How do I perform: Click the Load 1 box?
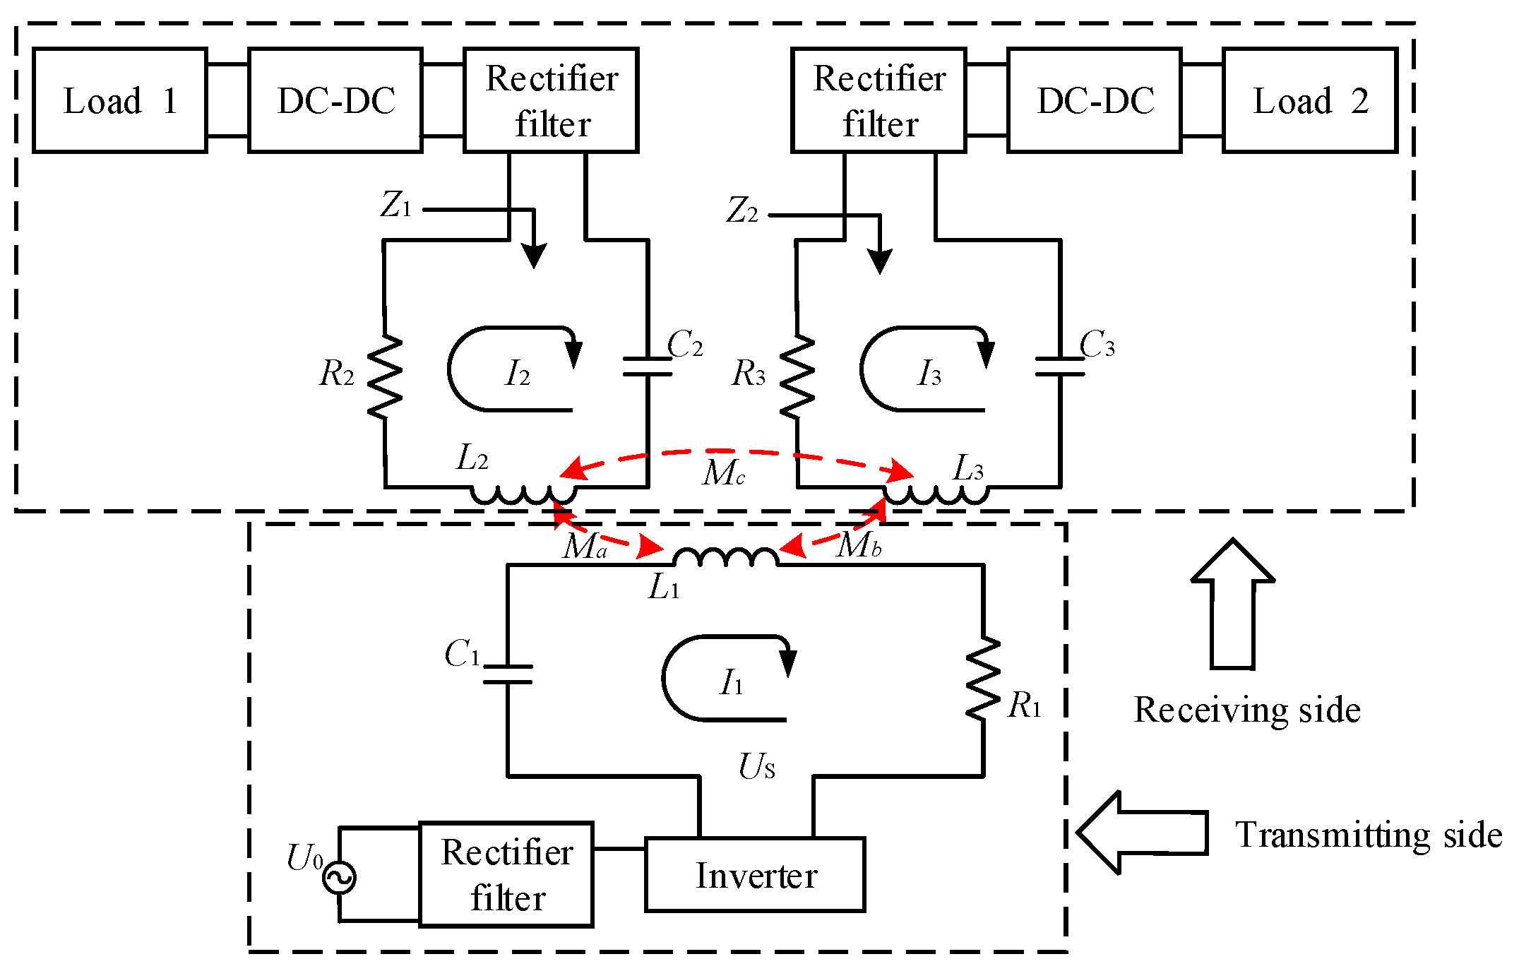pyautogui.click(x=120, y=100)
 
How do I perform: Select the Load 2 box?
pyautogui.click(x=1310, y=100)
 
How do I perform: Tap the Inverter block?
pyautogui.click(x=755, y=875)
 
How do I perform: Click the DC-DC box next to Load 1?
pyautogui.click(x=335, y=100)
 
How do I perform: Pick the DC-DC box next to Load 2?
pyautogui.click(x=1095, y=100)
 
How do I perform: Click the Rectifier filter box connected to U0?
pyautogui.click(x=506, y=874)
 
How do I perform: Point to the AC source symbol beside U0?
pyautogui.click(x=339, y=878)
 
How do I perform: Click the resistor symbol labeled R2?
pyautogui.click(x=386, y=376)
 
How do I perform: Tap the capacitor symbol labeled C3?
pyautogui.click(x=1059, y=366)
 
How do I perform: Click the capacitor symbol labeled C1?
pyautogui.click(x=507, y=674)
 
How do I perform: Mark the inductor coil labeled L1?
pyautogui.click(x=726, y=558)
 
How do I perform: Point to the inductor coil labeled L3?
pyautogui.click(x=936, y=494)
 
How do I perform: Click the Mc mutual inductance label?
pyautogui.click(x=723, y=473)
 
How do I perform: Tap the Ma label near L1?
pyautogui.click(x=585, y=546)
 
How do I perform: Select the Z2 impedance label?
pyautogui.click(x=742, y=210)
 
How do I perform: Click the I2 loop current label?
pyautogui.click(x=517, y=373)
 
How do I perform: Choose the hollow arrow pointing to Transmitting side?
pyautogui.click(x=1142, y=833)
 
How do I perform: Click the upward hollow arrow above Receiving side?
pyautogui.click(x=1232, y=604)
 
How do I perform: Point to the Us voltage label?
pyautogui.click(x=756, y=766)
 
